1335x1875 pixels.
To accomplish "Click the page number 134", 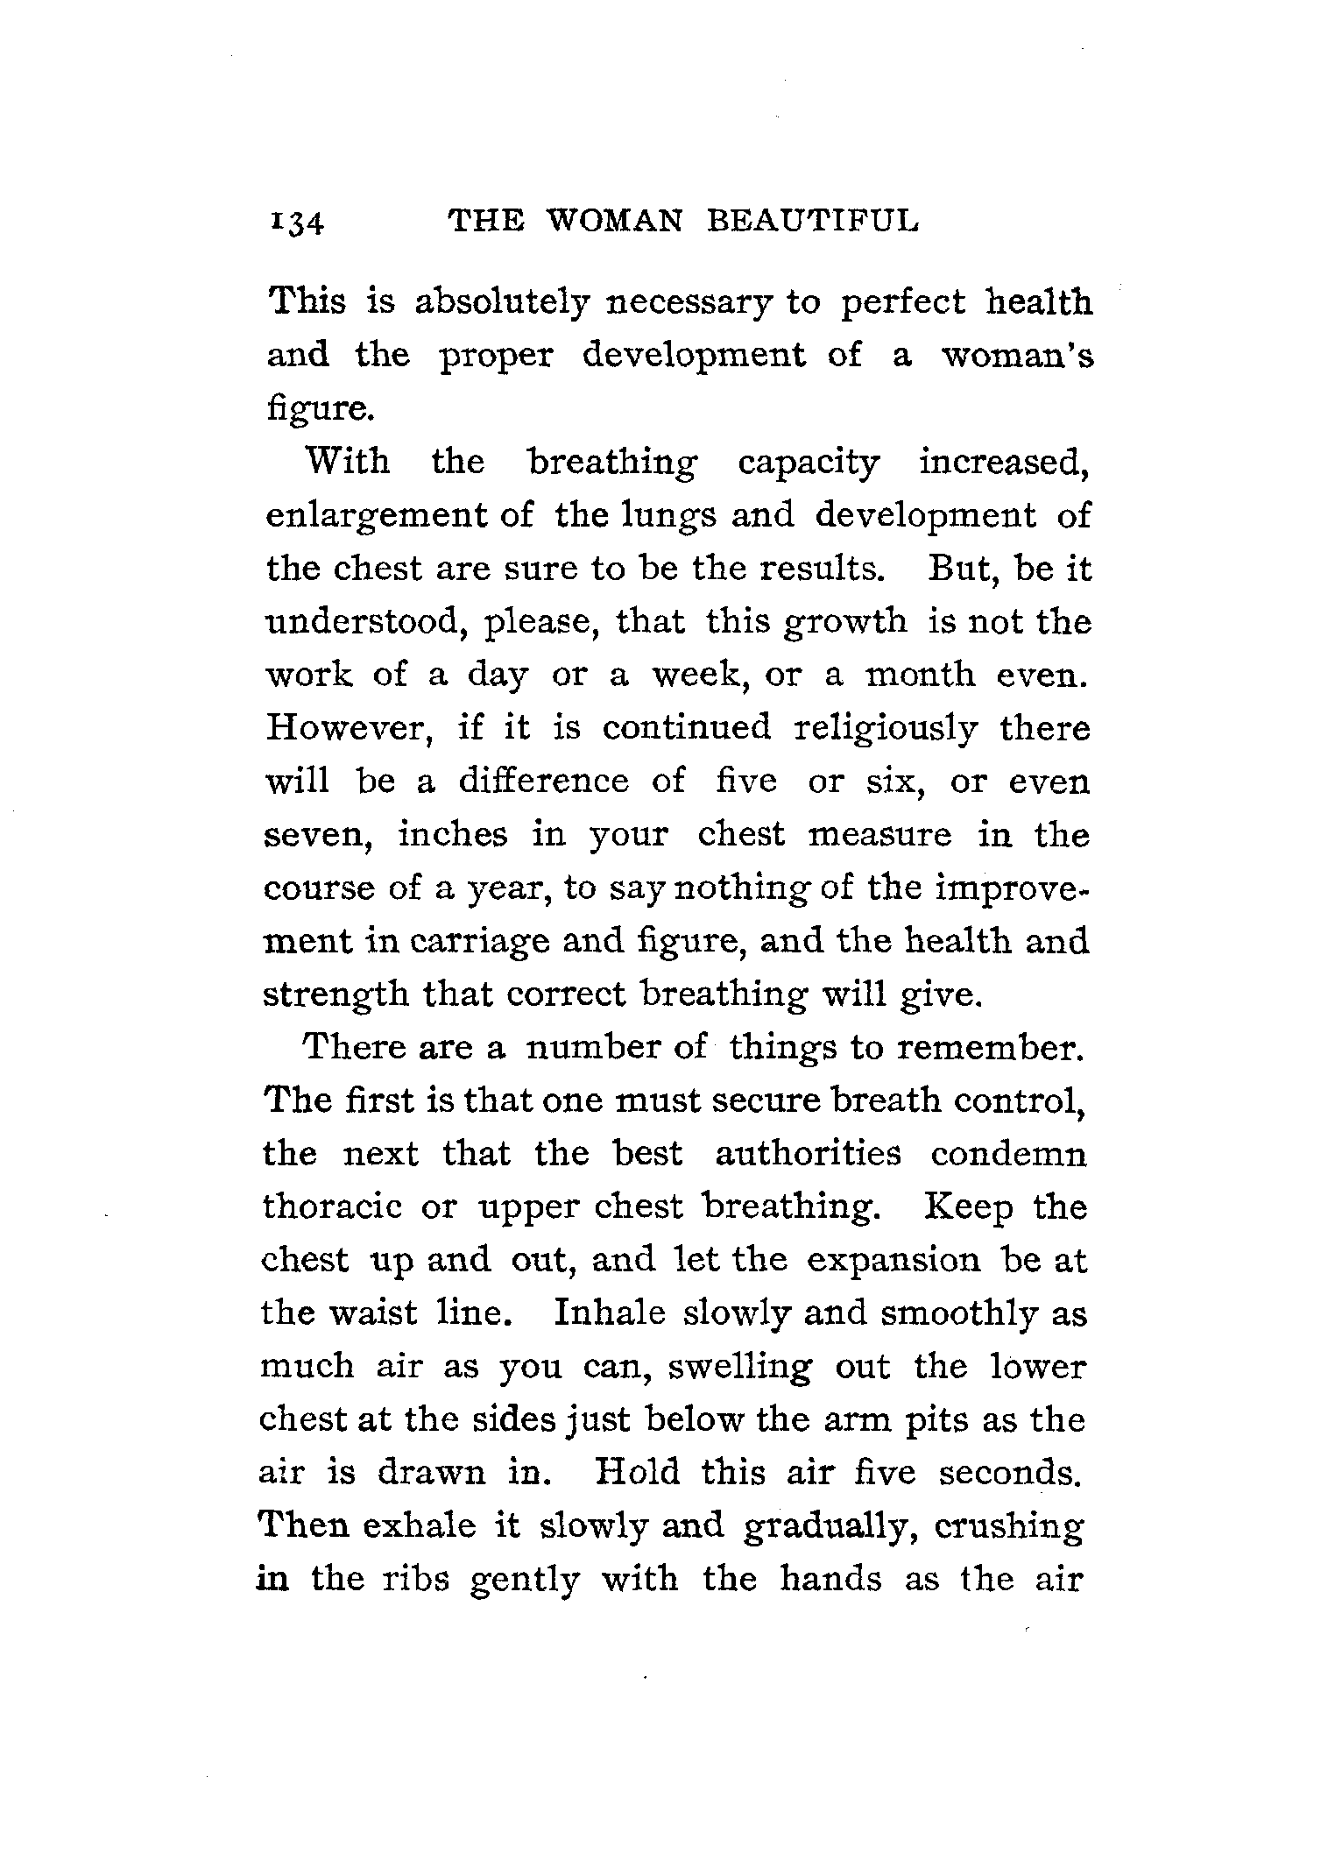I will tap(299, 223).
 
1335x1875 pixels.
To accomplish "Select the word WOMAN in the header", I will tap(613, 221).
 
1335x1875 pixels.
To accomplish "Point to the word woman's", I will tap(1016, 356).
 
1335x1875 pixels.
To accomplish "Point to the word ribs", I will tap(413, 1579).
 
